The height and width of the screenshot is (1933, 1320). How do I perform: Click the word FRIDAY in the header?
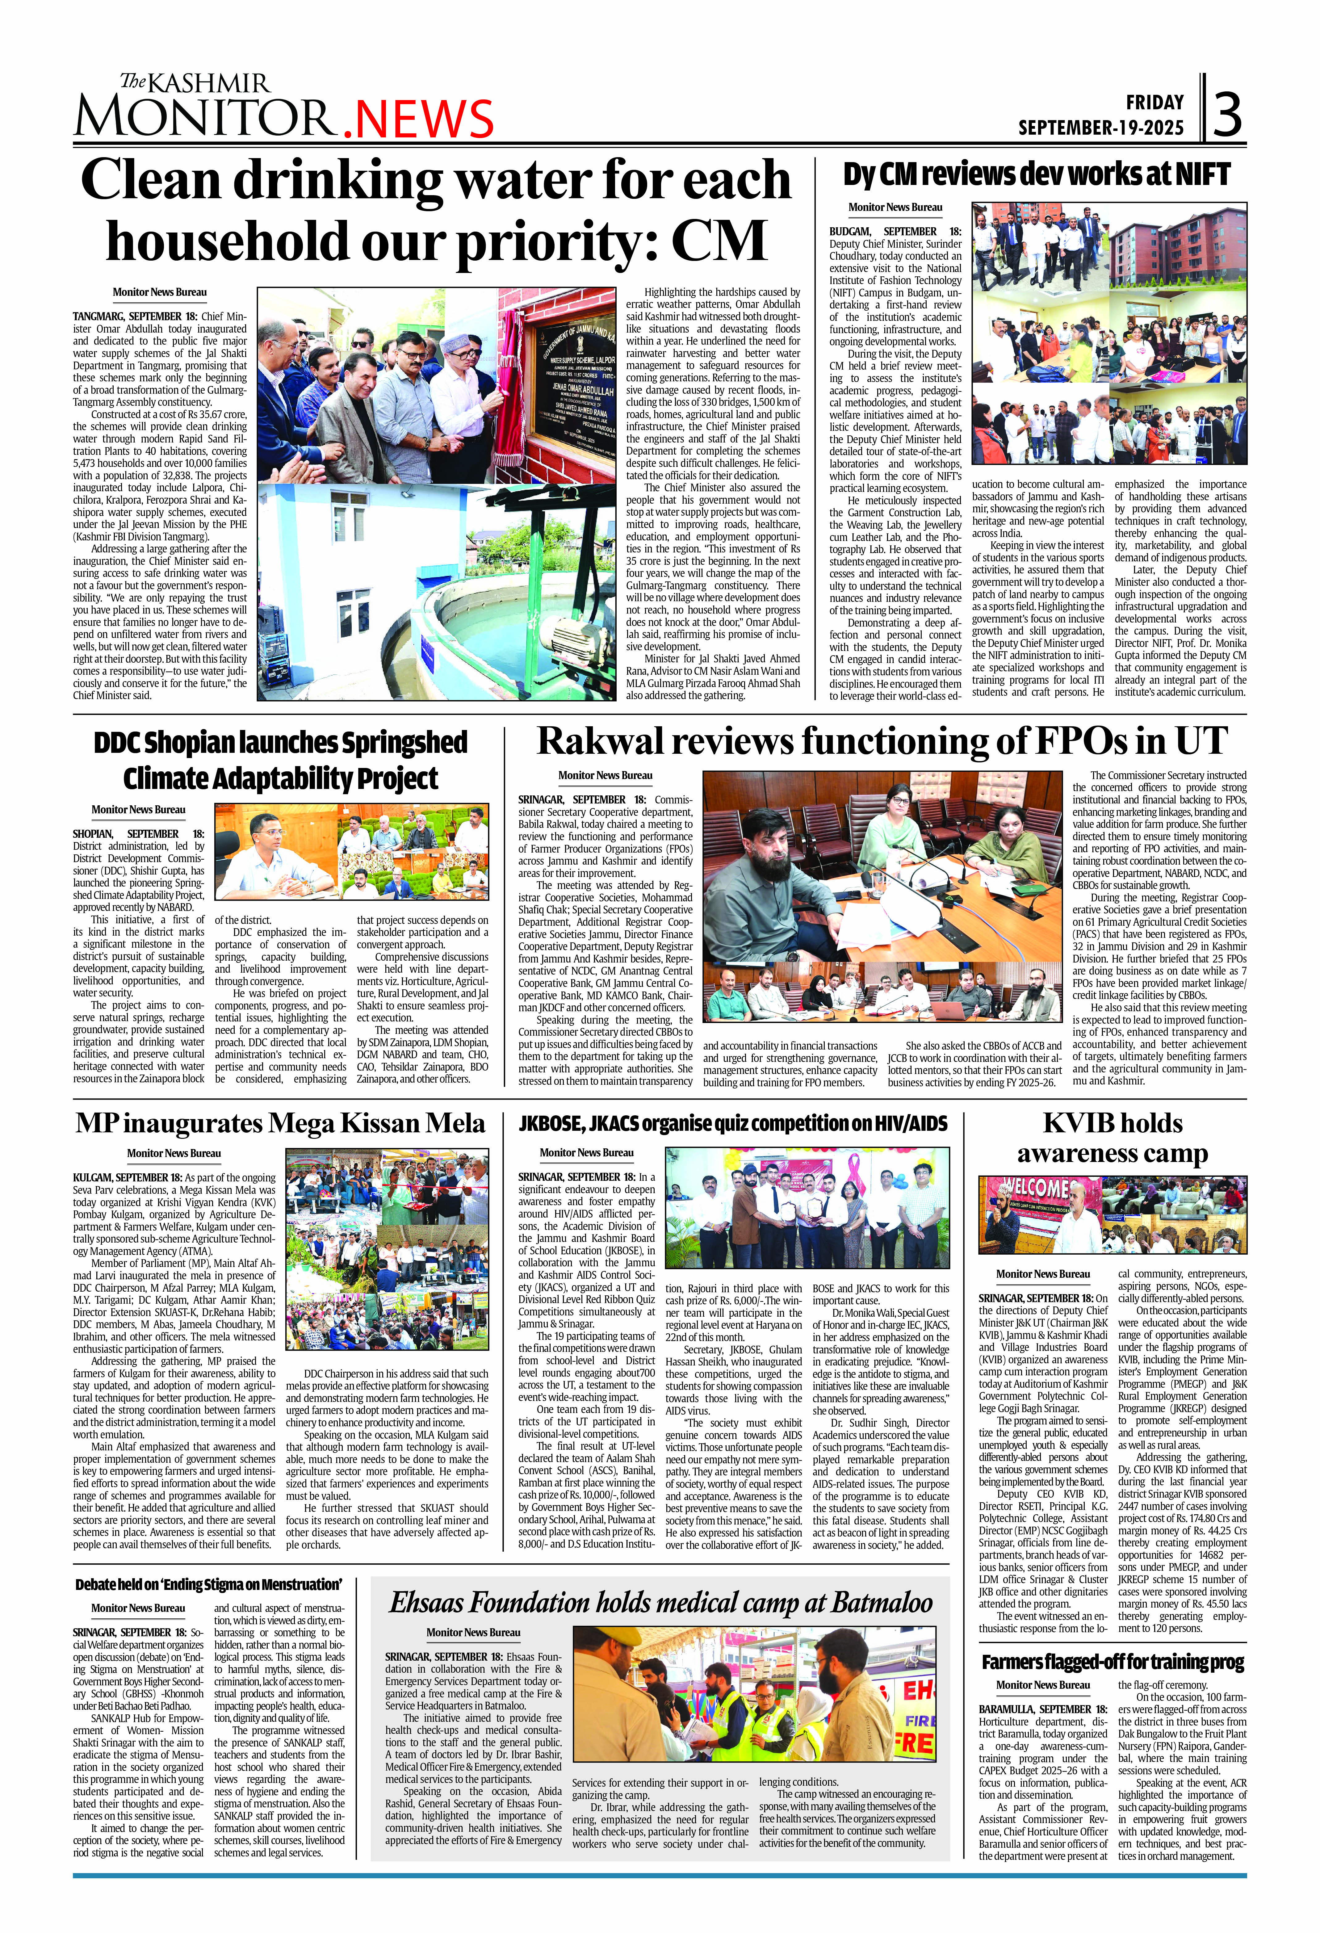tap(1154, 102)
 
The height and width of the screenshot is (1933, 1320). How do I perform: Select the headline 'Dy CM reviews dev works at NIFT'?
tap(1036, 175)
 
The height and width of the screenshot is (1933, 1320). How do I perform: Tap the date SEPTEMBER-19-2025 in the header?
tap(1100, 127)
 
